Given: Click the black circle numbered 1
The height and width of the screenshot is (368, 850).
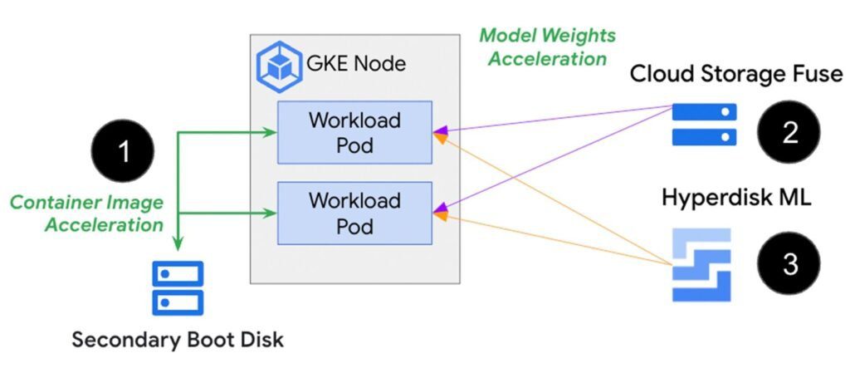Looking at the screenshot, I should click(x=123, y=152).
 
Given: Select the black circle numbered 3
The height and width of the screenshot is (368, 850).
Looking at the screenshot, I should click(x=788, y=264).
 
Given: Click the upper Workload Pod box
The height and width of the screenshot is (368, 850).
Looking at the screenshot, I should click(x=354, y=131).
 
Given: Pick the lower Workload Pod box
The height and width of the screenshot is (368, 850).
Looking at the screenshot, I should click(x=354, y=213).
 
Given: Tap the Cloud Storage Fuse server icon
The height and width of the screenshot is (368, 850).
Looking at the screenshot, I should click(x=704, y=124).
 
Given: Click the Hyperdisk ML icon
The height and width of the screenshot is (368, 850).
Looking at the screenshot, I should click(x=701, y=264).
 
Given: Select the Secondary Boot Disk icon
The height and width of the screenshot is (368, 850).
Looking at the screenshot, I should click(x=178, y=287).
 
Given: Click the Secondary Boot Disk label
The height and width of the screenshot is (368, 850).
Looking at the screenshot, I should click(x=178, y=340).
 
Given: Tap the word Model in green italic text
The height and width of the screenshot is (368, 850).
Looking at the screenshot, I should click(x=506, y=36).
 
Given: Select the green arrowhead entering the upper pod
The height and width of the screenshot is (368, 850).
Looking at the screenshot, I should click(x=270, y=131).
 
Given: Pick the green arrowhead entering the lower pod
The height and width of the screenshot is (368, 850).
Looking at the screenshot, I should click(x=270, y=213).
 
